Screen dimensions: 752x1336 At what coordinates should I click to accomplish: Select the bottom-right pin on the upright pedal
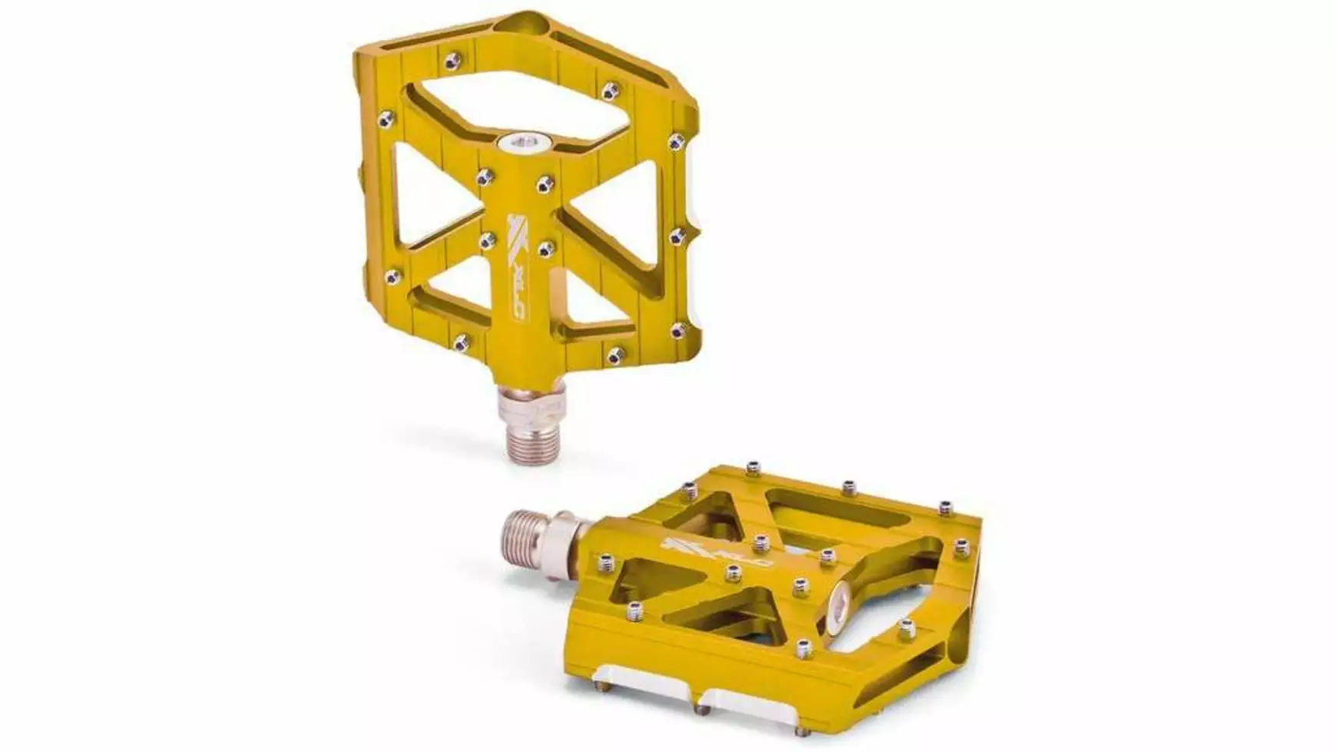pyautogui.click(x=676, y=332)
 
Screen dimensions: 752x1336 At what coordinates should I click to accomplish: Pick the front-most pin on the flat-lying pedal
pyautogui.click(x=804, y=649)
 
